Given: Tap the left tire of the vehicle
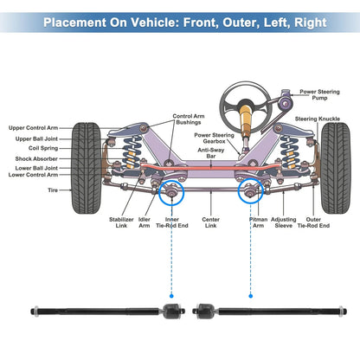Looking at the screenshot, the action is (x=87, y=168).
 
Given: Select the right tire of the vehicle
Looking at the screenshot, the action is (x=336, y=168).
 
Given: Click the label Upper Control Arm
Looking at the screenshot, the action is (x=33, y=128).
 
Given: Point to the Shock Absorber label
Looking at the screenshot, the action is (x=36, y=158).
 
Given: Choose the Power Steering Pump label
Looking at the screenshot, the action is (x=319, y=94).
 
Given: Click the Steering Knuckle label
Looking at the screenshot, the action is (x=318, y=119).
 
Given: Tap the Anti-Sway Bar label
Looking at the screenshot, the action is (x=211, y=153).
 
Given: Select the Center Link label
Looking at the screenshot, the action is (x=210, y=222).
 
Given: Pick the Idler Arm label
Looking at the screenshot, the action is (x=145, y=222).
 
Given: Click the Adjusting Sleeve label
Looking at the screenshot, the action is (x=284, y=222).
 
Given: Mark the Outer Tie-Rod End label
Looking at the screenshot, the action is (x=313, y=222).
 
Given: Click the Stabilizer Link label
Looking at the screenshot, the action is (x=121, y=222).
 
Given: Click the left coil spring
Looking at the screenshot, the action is (x=132, y=152).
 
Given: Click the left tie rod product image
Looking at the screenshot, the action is (x=107, y=312).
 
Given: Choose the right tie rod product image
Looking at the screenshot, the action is (x=269, y=312).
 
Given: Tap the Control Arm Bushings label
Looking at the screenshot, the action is (x=189, y=119).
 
